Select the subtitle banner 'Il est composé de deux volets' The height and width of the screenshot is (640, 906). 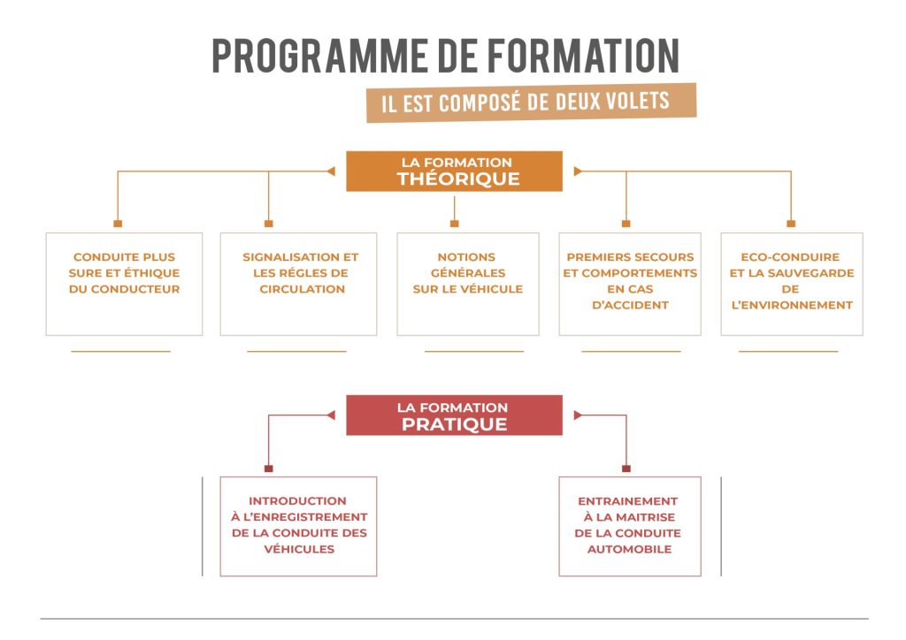(x=531, y=102)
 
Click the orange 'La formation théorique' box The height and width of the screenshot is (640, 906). (x=454, y=171)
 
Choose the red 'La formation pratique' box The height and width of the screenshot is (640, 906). (x=454, y=415)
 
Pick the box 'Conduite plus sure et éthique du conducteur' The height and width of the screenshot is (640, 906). (x=124, y=284)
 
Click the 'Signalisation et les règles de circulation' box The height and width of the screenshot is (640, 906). (x=298, y=284)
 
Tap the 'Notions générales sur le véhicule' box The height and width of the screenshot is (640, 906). (x=467, y=284)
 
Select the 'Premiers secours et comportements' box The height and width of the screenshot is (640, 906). (x=630, y=284)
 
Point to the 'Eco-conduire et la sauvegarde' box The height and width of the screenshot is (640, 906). (x=791, y=284)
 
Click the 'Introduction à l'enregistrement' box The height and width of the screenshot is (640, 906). (x=298, y=526)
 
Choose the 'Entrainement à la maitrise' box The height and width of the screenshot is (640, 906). (x=629, y=526)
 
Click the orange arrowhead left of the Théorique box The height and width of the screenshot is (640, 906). (x=331, y=171)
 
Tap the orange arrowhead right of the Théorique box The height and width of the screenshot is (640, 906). (x=578, y=171)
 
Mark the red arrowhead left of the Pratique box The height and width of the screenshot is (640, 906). (x=331, y=415)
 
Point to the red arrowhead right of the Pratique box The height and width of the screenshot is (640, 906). (x=578, y=415)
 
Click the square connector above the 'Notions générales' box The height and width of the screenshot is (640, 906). (x=454, y=224)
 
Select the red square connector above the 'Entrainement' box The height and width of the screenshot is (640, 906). (x=626, y=469)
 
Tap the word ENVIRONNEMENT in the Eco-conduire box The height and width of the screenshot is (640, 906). (x=791, y=305)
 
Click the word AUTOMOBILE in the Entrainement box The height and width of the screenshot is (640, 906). (x=629, y=549)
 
